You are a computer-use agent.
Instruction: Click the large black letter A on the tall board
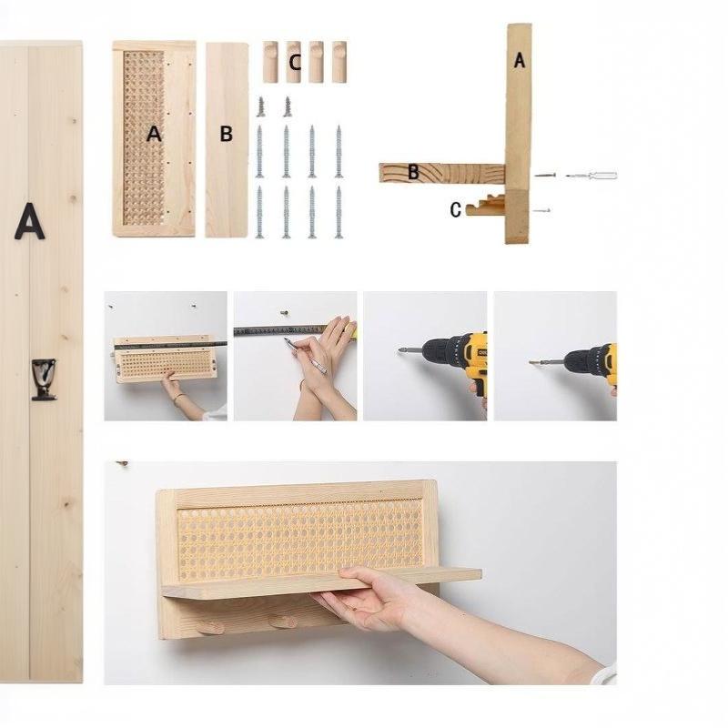pos(30,221)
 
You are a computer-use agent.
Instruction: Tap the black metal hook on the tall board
pos(44,379)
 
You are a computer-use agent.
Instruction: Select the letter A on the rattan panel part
pos(154,134)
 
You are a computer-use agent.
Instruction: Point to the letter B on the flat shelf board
pos(226,134)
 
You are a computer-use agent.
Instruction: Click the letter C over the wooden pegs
pos(294,63)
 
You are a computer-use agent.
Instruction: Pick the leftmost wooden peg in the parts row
pos(270,62)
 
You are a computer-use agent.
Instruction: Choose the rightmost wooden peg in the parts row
pos(339,62)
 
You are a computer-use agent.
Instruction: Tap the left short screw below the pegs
pos(260,106)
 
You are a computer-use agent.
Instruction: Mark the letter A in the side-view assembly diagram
pos(520,60)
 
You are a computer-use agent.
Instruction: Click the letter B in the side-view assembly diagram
pos(413,172)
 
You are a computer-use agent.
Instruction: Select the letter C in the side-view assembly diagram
pos(456,210)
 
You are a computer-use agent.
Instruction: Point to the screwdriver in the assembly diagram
pos(591,176)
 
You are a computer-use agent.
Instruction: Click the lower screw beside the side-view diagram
pos(541,211)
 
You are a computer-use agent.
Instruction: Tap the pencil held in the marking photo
pos(306,356)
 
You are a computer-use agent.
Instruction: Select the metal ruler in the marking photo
pos(281,330)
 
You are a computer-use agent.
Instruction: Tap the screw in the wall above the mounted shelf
pos(123,464)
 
